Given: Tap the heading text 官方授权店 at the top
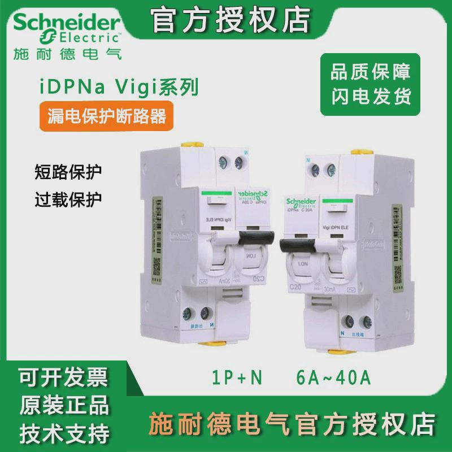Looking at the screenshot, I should pos(232,21).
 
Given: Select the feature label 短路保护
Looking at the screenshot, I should pos(69,171).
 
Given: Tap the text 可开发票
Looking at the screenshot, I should pos(64,376).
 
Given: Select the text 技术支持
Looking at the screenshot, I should pos(64,434).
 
